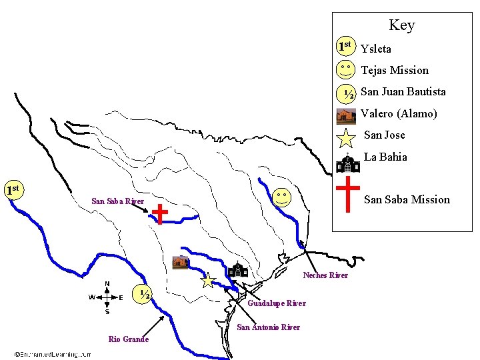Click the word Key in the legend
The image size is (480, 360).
click(x=401, y=25)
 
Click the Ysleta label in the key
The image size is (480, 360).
click(x=376, y=49)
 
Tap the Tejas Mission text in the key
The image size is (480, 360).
click(x=395, y=70)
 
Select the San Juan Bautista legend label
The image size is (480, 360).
click(x=403, y=91)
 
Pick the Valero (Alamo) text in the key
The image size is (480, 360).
click(x=399, y=113)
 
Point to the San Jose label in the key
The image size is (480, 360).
click(x=384, y=135)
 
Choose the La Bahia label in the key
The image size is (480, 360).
click(x=385, y=157)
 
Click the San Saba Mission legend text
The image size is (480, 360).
click(x=407, y=199)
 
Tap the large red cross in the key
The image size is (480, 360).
click(x=348, y=194)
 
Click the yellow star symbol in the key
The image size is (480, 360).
click(x=346, y=138)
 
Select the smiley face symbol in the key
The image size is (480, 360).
click(x=345, y=69)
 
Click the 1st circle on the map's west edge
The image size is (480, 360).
click(x=11, y=190)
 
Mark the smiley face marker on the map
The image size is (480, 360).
click(x=282, y=197)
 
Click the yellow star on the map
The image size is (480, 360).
click(x=208, y=281)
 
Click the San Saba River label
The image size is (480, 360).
click(x=117, y=201)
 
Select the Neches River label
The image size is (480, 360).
click(x=325, y=275)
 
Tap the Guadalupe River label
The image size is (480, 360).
click(x=276, y=303)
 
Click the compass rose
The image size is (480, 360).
click(x=107, y=297)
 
